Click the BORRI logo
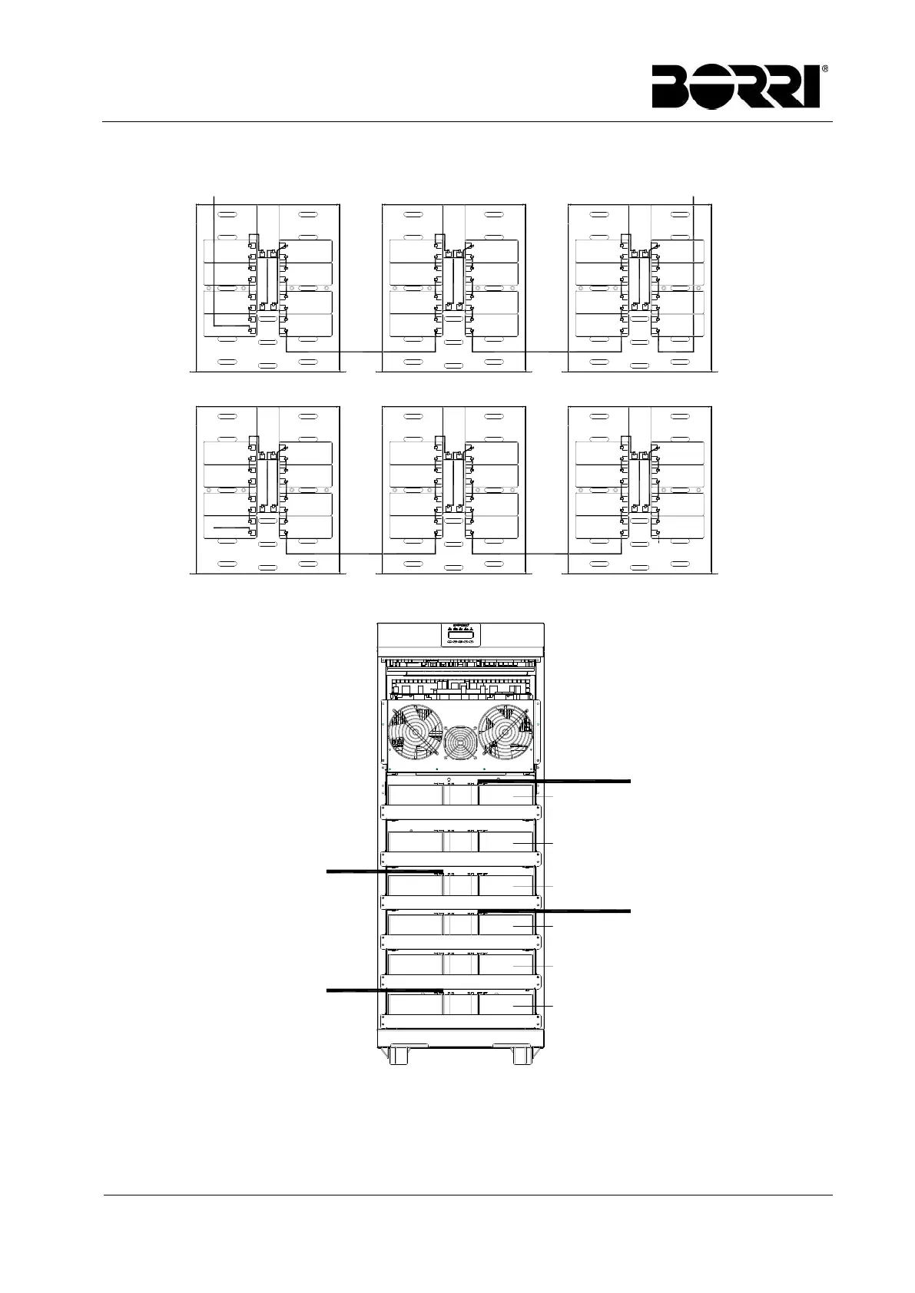736,86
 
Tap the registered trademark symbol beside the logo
824,68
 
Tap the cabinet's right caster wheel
522,1055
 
